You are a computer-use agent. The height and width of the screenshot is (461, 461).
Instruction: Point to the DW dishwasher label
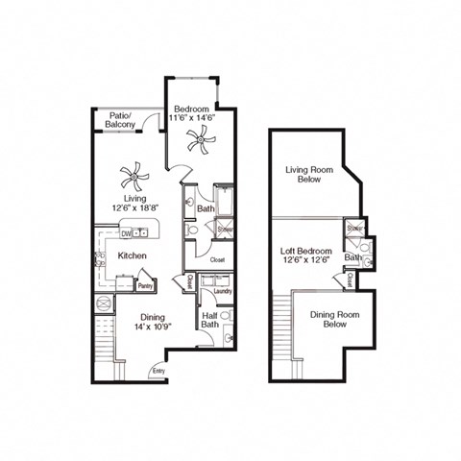pyautogui.click(x=126, y=232)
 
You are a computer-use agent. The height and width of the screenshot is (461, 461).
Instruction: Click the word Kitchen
pyautogui.click(x=132, y=256)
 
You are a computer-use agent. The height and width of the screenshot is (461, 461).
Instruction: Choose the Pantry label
pyautogui.click(x=145, y=285)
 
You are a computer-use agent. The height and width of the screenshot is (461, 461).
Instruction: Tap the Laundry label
pyautogui.click(x=222, y=290)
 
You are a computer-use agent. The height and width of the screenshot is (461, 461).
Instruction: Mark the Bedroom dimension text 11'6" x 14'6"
pyautogui.click(x=192, y=116)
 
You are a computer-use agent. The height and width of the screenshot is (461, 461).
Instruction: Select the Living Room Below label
pyautogui.click(x=308, y=174)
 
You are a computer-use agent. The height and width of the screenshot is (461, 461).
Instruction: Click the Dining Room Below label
pyautogui.click(x=334, y=319)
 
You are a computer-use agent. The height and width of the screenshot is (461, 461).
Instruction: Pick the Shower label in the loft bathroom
pyautogui.click(x=354, y=229)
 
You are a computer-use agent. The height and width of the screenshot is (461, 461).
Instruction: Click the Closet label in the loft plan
pyautogui.click(x=349, y=280)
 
